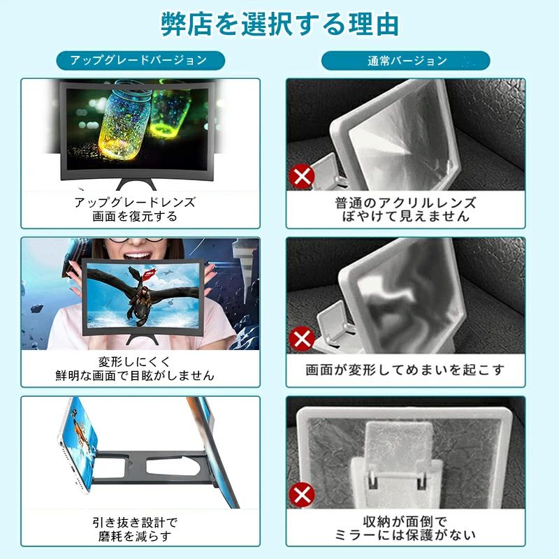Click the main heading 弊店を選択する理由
(x=279, y=24)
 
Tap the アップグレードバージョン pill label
(x=140, y=60)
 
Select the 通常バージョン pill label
(x=406, y=61)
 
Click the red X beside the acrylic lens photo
(x=302, y=176)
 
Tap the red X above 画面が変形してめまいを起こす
(x=302, y=338)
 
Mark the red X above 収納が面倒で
(x=302, y=495)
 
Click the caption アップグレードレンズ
(x=135, y=202)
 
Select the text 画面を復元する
(x=135, y=216)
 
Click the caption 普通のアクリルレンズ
(x=405, y=203)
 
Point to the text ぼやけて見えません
(x=405, y=216)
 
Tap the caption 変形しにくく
(x=135, y=361)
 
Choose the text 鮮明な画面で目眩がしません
(x=135, y=375)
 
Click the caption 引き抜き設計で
(x=135, y=523)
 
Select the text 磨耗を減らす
(x=135, y=536)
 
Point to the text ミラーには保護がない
(x=405, y=535)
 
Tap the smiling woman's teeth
(x=138, y=255)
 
